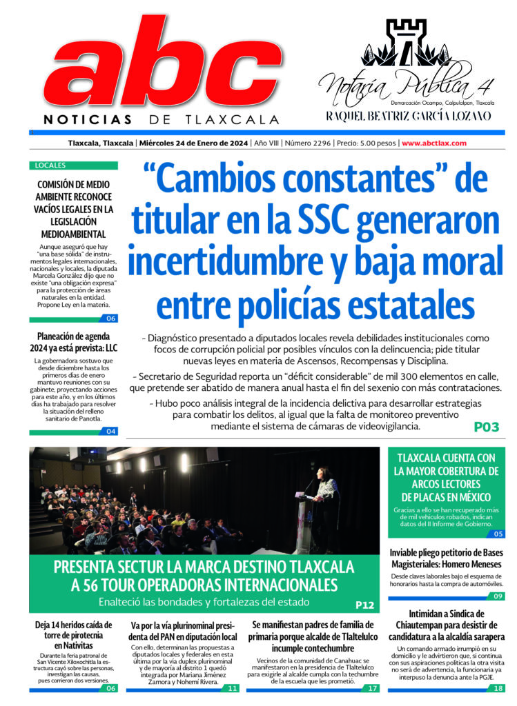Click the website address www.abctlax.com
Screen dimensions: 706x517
pos(433,143)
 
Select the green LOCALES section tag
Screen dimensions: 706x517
pos(50,165)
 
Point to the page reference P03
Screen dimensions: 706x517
pos(486,427)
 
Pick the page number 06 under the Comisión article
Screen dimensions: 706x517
pos(110,319)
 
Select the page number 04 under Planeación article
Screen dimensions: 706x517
pos(110,432)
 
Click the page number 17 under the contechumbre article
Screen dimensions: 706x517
pos(372,688)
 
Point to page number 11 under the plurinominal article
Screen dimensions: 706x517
pos(233,688)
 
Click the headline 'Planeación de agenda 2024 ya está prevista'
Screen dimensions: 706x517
pos(73,343)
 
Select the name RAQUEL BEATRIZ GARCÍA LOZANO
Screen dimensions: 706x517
pos(408,116)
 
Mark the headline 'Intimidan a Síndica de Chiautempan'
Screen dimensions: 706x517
pos(446,625)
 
